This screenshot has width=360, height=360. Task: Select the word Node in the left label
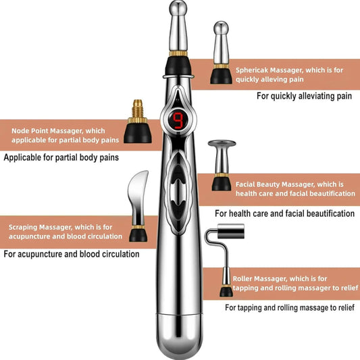(21, 130)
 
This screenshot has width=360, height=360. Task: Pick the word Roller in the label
(244, 278)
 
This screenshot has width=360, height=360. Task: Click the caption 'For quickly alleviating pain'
(304, 96)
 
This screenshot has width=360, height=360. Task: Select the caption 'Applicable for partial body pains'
(61, 157)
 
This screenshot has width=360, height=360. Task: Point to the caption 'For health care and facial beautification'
(284, 213)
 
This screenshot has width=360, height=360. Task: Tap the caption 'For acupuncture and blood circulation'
(72, 255)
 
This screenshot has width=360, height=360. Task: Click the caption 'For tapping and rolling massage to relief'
(289, 307)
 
